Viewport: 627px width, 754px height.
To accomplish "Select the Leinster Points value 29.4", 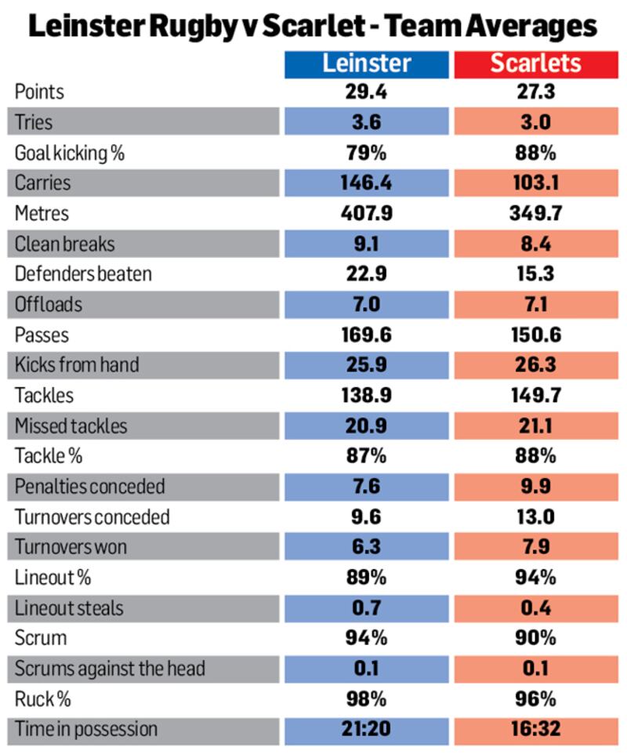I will [x=366, y=92].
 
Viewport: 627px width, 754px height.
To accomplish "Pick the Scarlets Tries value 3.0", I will [x=536, y=123].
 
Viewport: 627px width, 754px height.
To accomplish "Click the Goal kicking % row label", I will [x=70, y=153].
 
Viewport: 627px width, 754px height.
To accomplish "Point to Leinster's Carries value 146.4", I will [x=366, y=183].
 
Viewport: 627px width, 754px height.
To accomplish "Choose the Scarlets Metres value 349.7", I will [x=536, y=214].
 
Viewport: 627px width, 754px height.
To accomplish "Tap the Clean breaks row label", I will [x=64, y=244].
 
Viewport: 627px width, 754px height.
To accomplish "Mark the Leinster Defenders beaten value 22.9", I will [x=366, y=274].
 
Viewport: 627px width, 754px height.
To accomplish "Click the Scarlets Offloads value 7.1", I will [x=536, y=305].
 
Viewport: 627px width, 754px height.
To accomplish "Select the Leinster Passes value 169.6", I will [x=366, y=335].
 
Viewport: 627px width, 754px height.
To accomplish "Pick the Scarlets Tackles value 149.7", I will [x=536, y=396].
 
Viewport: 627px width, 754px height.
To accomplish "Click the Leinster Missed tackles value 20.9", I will [x=366, y=426].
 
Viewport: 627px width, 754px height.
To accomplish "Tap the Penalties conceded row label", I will [x=89, y=487].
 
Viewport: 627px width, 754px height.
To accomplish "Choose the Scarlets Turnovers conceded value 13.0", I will [x=536, y=517].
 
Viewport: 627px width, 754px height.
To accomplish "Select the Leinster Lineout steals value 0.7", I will [x=366, y=608].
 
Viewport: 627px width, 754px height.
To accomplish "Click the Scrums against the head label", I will [x=109, y=669].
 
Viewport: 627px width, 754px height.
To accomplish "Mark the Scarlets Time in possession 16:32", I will [x=536, y=730].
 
